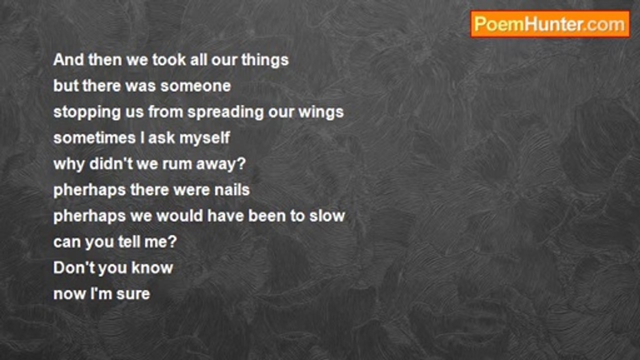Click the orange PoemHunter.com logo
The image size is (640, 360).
[550, 24]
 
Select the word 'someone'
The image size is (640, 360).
[195, 86]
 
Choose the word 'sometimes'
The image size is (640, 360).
[94, 138]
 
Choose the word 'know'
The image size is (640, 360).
[152, 268]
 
